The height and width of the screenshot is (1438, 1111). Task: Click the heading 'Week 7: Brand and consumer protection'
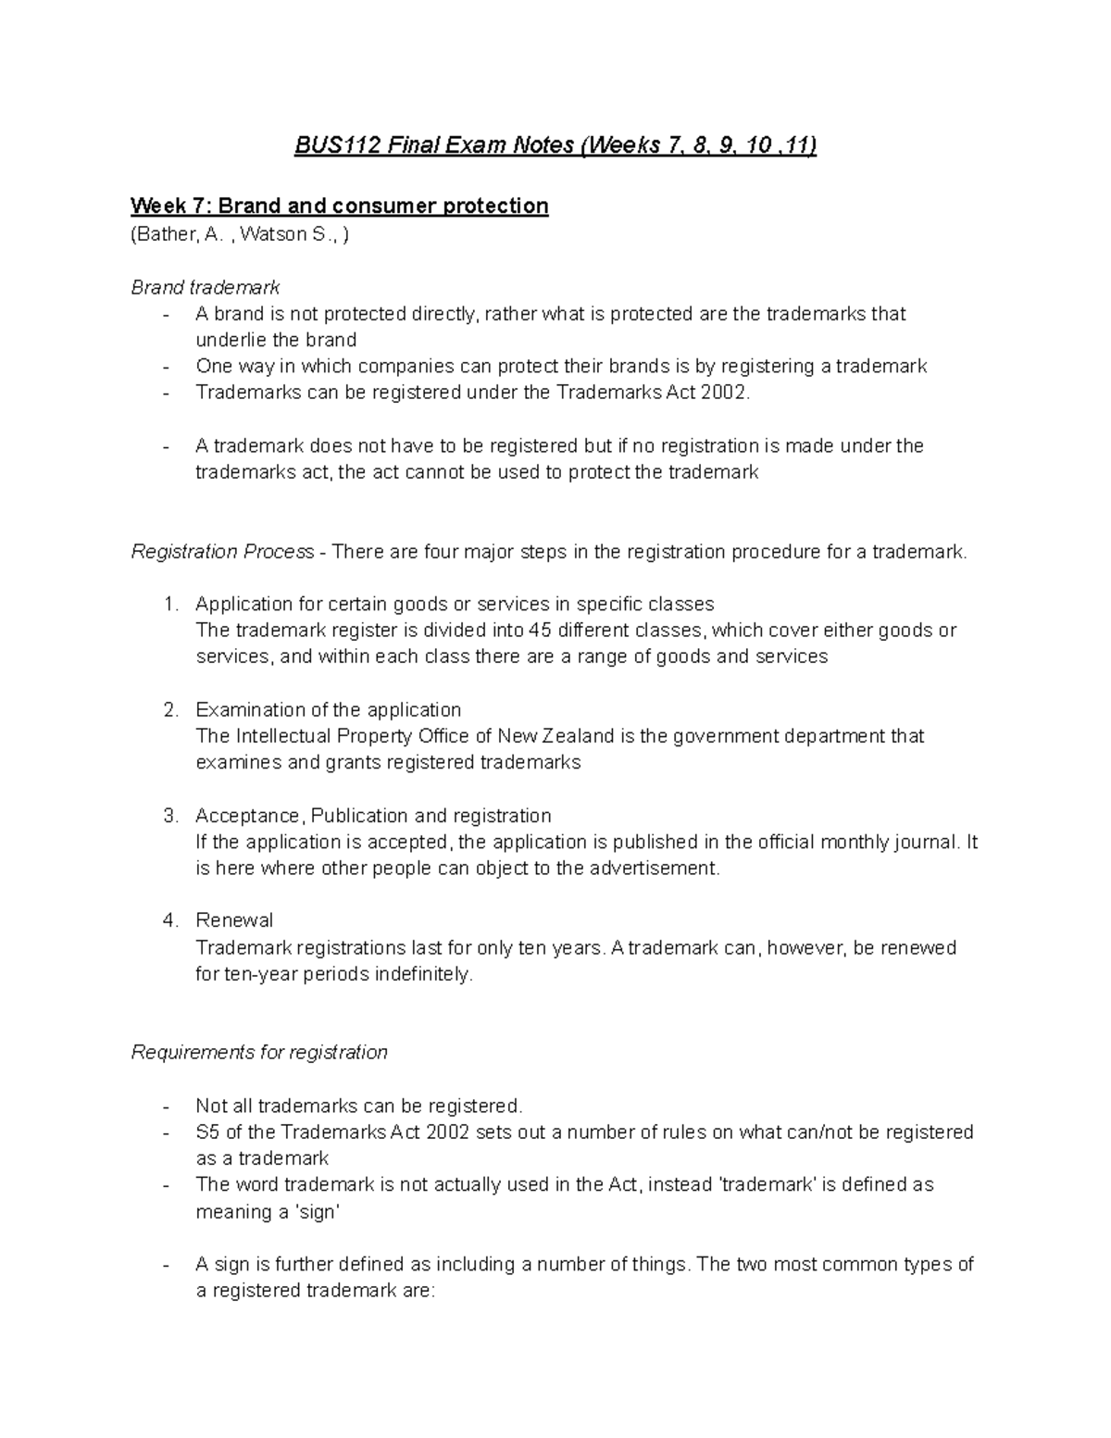[x=339, y=206]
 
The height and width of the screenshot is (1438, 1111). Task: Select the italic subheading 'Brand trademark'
[x=205, y=287]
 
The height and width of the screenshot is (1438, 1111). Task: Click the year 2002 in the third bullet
[x=722, y=393]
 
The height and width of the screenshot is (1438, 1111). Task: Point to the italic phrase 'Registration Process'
[x=222, y=552]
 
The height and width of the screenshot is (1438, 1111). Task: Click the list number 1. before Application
[x=169, y=605]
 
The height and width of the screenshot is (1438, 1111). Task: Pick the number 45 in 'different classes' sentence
[x=539, y=631]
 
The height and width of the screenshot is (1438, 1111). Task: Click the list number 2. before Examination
[x=169, y=710]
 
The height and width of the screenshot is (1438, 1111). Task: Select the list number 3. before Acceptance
[x=169, y=816]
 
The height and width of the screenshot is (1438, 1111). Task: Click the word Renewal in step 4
[x=234, y=920]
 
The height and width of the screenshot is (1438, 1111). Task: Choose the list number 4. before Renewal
[x=169, y=920]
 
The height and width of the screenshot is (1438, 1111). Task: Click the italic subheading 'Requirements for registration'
[x=259, y=1053]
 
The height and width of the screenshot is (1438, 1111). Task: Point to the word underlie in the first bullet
[x=231, y=340]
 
